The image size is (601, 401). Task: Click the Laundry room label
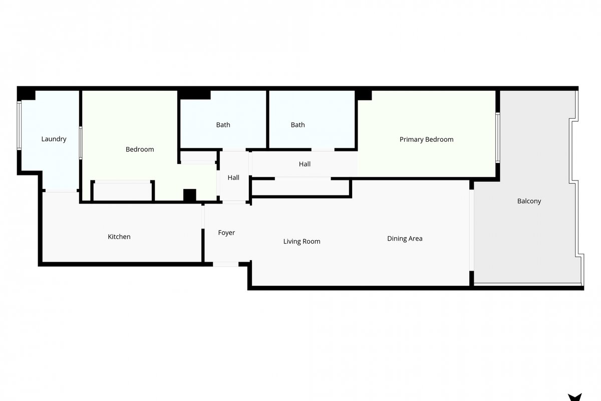(54, 139)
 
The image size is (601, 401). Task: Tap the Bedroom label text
(140, 149)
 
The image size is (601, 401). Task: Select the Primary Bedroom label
(426, 140)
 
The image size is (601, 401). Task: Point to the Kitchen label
(119, 237)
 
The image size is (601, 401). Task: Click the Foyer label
(226, 233)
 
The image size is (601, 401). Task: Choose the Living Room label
(302, 242)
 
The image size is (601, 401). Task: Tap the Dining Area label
(405, 239)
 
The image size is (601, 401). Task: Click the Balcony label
(529, 201)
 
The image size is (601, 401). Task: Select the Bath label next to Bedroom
(223, 125)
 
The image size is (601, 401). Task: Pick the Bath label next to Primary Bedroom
(298, 125)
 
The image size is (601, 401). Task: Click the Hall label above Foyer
(233, 177)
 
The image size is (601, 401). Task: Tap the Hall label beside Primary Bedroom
(305, 164)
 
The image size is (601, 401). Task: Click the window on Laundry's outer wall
(19, 125)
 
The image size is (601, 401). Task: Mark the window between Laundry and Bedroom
(81, 143)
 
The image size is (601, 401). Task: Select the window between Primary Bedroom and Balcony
(498, 138)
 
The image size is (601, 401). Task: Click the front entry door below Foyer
(226, 264)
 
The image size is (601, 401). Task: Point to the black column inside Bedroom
(190, 195)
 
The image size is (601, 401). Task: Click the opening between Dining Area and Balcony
(471, 230)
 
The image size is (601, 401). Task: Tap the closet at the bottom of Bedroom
(123, 191)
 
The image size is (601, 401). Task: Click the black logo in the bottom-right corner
(575, 397)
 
